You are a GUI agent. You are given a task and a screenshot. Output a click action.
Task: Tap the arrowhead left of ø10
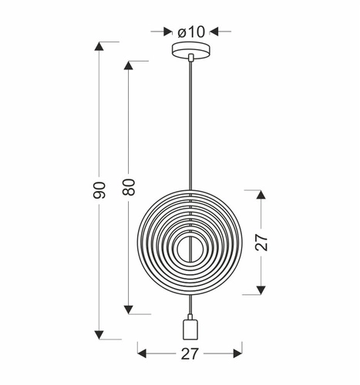(167, 32)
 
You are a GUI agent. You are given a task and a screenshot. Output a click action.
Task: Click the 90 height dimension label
(99, 192)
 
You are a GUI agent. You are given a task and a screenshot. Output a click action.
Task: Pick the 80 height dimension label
(129, 186)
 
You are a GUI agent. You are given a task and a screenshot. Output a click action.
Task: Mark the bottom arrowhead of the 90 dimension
(99, 333)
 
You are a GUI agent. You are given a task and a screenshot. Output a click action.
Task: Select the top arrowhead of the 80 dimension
(129, 65)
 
